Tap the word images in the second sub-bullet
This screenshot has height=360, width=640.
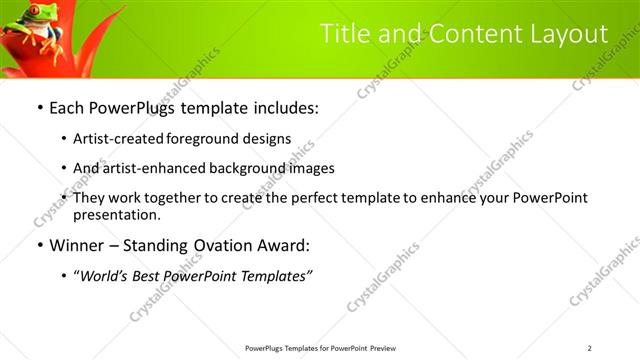click(x=311, y=168)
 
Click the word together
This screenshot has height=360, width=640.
click(x=171, y=198)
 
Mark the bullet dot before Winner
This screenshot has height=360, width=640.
click(x=39, y=245)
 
